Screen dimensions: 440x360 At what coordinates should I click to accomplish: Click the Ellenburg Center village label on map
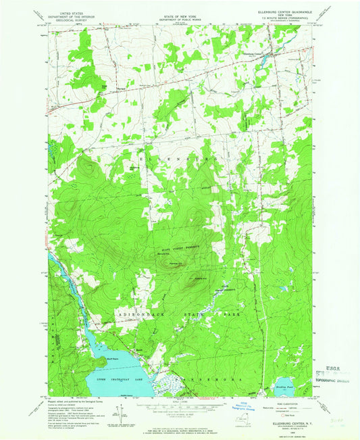point(265,52)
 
